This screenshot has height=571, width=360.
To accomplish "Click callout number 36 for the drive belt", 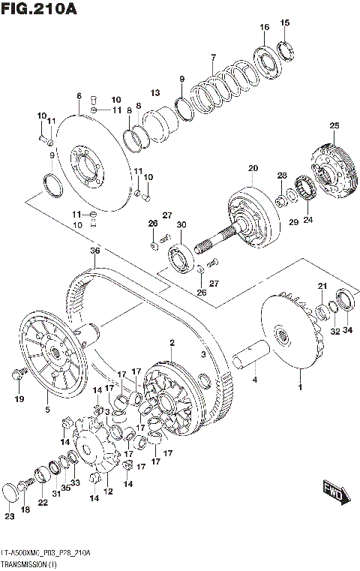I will click(94, 250).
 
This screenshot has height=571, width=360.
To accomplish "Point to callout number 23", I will click(9, 516).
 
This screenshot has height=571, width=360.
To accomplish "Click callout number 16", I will click(264, 28).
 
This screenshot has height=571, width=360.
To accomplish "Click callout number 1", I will click(301, 387).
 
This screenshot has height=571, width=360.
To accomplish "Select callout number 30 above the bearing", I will click(181, 225).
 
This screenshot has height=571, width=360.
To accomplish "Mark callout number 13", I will click(155, 92).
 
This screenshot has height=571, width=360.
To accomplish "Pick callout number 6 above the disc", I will click(79, 96).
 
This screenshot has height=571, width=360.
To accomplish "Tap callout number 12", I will click(108, 491).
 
